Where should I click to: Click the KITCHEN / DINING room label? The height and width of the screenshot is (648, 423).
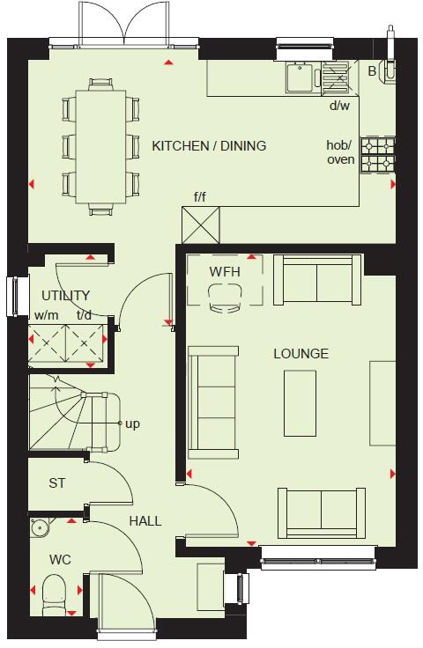pos(209,145)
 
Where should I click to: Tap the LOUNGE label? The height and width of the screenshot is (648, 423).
pos(301,354)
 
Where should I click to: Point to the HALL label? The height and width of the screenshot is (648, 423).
pos(145,521)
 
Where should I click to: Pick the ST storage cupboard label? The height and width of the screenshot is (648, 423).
pos(57,483)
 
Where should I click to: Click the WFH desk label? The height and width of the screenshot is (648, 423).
pos(224,271)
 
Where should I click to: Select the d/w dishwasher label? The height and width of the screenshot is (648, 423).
pos(339,107)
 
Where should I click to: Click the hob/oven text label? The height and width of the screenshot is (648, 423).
pos(340,152)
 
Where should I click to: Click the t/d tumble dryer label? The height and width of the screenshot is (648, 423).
pos(85,315)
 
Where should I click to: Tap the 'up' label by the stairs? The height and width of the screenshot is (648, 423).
pos(132,423)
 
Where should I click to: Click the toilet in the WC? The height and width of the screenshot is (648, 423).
pos(52,589)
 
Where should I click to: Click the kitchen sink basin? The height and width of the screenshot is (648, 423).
pos(299,77)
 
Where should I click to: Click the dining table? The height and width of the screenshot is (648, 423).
pos(100,145)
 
